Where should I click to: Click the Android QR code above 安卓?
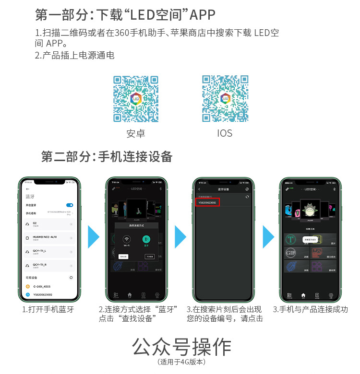136,98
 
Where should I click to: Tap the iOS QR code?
225,98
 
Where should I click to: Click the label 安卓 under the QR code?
136,133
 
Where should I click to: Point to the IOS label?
225,133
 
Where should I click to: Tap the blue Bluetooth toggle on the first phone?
70,205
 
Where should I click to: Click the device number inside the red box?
208,203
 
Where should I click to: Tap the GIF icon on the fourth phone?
290,253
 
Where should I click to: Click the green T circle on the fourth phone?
290,239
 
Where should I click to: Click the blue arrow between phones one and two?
94,237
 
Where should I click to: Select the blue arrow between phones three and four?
269,237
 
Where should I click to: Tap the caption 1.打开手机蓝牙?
48,309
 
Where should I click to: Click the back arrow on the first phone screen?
27,189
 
